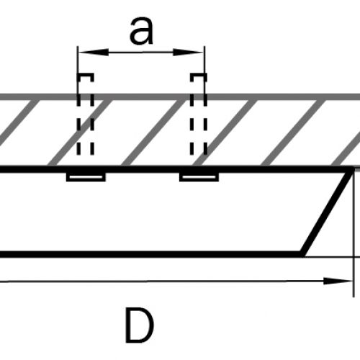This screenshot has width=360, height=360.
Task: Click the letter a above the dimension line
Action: click(141, 31)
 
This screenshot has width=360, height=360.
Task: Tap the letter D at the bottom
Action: click(139, 325)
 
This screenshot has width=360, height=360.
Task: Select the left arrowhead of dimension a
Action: click(94, 52)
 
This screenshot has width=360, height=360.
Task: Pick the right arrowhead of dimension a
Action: click(188, 52)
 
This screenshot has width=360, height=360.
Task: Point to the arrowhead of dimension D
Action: click(338, 281)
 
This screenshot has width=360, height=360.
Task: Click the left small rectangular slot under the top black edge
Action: click(86, 177)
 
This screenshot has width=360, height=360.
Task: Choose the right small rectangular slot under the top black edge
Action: click(199, 177)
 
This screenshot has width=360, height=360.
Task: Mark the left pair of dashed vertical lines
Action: click(85, 114)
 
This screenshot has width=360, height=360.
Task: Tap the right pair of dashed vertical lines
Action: click(199, 114)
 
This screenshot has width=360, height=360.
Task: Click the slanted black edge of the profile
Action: click(326, 212)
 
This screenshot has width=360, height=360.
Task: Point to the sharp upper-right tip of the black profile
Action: click(354, 168)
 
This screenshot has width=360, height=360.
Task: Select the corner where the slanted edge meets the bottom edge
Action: click(302, 255)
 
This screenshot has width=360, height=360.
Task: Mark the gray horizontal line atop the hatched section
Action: click(180, 97)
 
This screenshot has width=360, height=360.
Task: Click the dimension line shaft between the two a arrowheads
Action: click(141, 52)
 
